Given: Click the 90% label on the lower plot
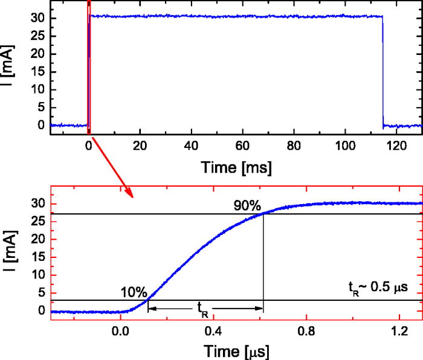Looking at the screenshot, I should click(247, 205).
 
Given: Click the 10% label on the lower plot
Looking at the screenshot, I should click(134, 292).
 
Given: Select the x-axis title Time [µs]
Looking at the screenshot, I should click(236, 350).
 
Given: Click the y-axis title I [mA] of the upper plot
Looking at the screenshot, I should click(8, 65).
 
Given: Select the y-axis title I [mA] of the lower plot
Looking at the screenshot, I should click(8, 248).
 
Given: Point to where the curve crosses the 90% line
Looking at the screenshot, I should click(263, 213).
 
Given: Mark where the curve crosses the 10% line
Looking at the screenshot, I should click(147, 300).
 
